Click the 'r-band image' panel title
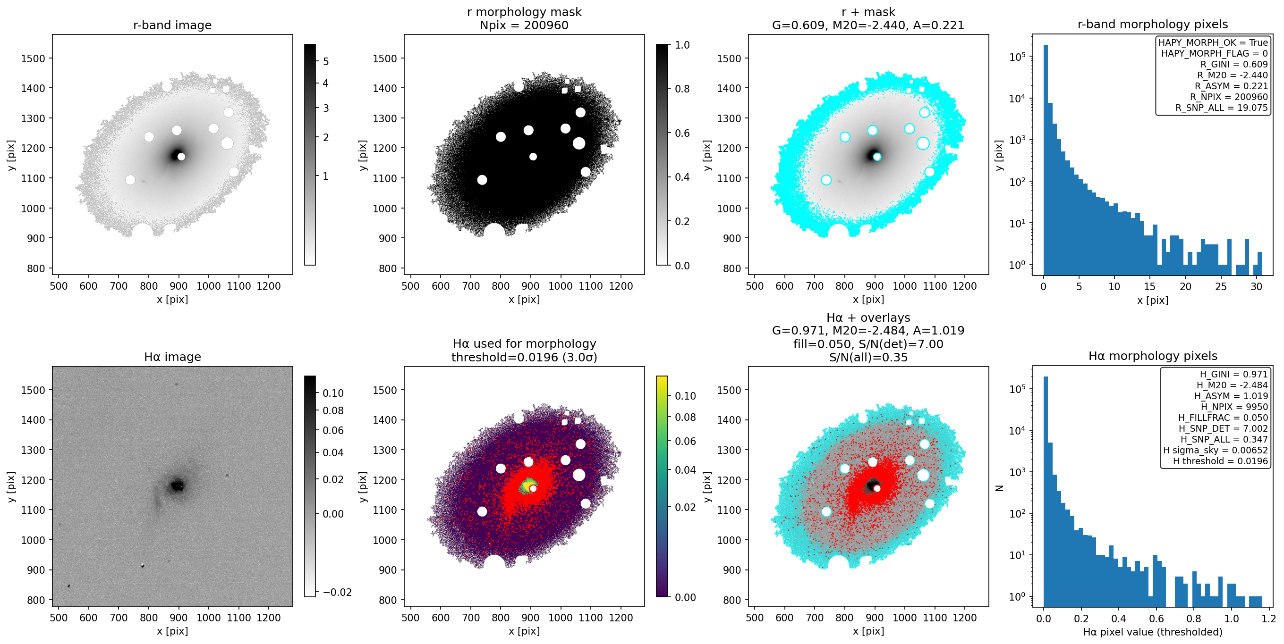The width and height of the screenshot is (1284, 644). tap(172, 25)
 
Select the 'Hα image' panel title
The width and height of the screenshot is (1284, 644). tap(172, 357)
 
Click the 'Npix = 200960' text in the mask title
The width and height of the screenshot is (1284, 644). tap(524, 25)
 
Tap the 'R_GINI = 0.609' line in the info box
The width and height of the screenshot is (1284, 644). tap(1233, 64)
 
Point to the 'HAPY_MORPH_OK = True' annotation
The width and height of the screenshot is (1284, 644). tap(1213, 43)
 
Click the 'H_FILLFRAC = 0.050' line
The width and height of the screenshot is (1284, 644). tap(1223, 418)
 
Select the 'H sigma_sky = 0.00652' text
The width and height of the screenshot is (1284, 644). tap(1215, 450)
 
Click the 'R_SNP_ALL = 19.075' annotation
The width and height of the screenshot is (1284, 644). tap(1221, 108)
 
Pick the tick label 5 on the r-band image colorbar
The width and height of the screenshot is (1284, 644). tap(326, 62)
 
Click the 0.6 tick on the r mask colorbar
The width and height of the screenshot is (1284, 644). tap(682, 133)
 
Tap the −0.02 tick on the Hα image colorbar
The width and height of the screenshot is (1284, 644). tap(337, 592)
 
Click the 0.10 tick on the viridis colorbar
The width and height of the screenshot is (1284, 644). tap(685, 396)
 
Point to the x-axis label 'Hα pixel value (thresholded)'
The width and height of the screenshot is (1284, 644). tap(1152, 632)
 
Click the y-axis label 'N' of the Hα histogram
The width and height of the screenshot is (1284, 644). tap(999, 488)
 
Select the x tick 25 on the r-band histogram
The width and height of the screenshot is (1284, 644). tap(1221, 286)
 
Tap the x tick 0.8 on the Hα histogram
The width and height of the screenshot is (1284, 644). tap(1194, 619)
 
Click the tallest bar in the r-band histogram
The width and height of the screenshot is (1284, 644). tap(1045, 160)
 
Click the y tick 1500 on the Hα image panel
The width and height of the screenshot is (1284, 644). tap(33, 390)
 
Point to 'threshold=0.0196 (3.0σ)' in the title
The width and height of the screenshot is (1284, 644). tap(524, 357)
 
